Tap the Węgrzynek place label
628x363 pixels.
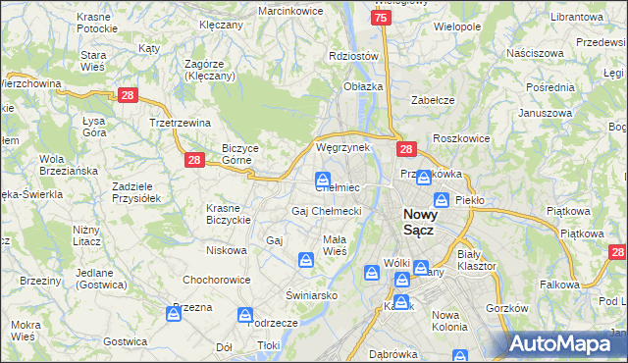341,147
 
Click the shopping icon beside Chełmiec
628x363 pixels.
322,179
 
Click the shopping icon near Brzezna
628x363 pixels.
177,313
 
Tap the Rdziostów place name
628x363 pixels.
353,56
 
